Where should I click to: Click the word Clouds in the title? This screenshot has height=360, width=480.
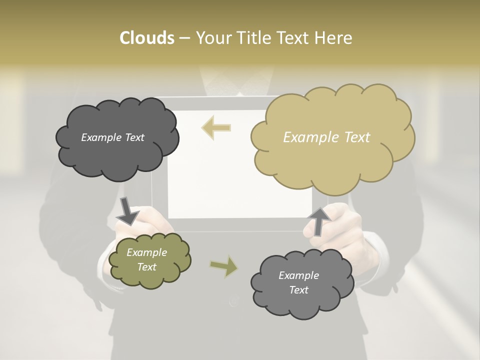(x=146, y=38)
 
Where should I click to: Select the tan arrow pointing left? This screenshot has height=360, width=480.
(x=216, y=127)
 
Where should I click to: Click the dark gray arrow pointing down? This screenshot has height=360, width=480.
(x=127, y=210)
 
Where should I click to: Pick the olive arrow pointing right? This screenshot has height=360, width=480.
(x=224, y=266)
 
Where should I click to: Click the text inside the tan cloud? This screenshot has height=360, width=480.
(x=326, y=137)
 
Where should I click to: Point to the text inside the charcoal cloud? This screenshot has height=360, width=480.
(x=112, y=137)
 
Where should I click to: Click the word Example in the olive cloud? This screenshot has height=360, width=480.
(x=146, y=252)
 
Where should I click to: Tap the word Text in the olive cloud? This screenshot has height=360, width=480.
(x=146, y=267)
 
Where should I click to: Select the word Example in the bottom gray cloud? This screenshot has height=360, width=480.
(x=298, y=275)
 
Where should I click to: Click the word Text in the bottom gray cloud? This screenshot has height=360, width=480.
(x=298, y=290)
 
